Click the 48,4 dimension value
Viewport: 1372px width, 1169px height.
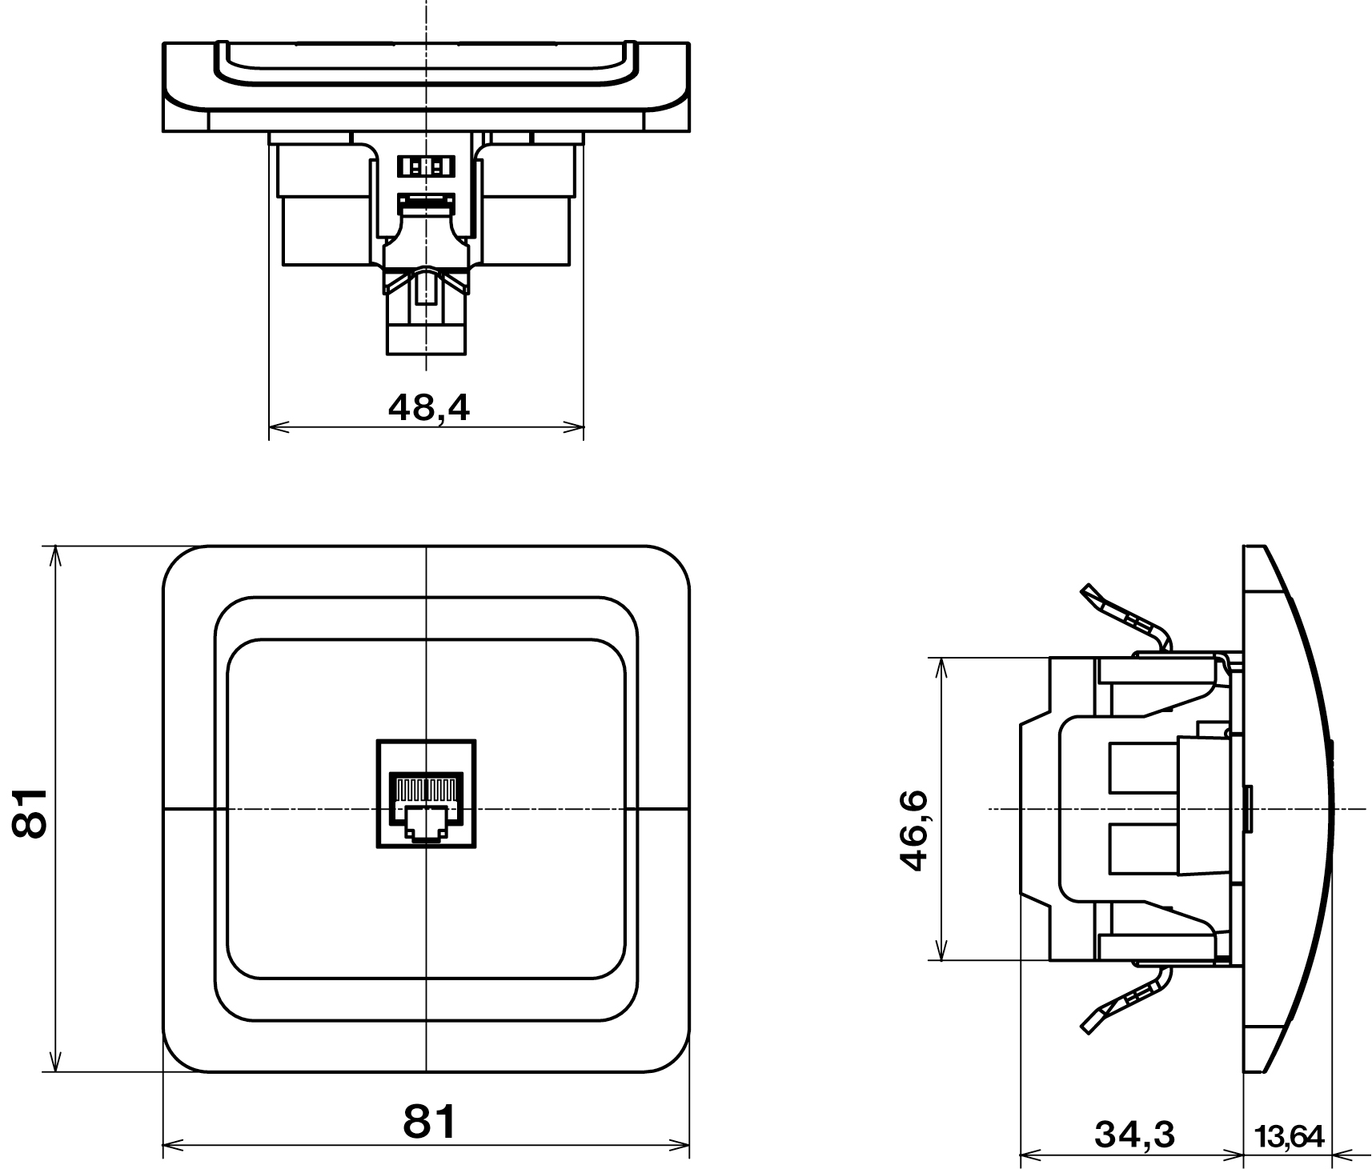pyautogui.click(x=429, y=407)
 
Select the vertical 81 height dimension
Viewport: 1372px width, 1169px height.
pyautogui.click(x=30, y=812)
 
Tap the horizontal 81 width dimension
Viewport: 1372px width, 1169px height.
pyautogui.click(x=429, y=1121)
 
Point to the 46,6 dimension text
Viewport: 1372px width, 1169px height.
pyautogui.click(x=913, y=831)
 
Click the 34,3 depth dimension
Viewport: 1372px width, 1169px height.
pyautogui.click(x=1134, y=1134)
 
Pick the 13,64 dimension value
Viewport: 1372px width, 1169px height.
pyautogui.click(x=1290, y=1135)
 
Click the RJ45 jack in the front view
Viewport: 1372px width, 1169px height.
pyautogui.click(x=426, y=793)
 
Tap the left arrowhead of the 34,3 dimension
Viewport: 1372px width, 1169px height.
pyautogui.click(x=1029, y=1155)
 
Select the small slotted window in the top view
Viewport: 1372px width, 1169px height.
pyautogui.click(x=426, y=166)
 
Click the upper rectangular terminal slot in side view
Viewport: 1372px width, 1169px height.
pyautogui.click(x=1143, y=768)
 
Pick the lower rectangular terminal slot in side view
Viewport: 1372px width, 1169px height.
pyautogui.click(x=1143, y=849)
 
